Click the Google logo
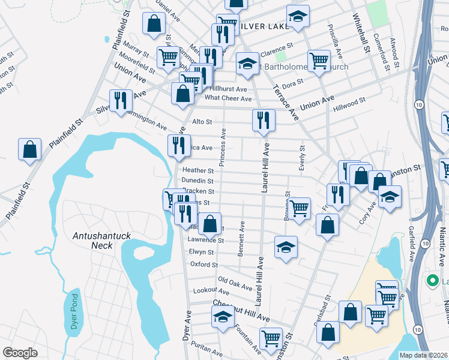click(20, 353)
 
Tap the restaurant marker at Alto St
click(264, 120)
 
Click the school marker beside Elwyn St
click(286, 247)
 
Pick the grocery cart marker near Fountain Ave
click(271, 338)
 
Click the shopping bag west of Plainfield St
click(29, 149)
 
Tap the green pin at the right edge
click(431, 280)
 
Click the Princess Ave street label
click(222, 147)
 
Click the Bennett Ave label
click(241, 239)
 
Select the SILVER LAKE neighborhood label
click(259, 26)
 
